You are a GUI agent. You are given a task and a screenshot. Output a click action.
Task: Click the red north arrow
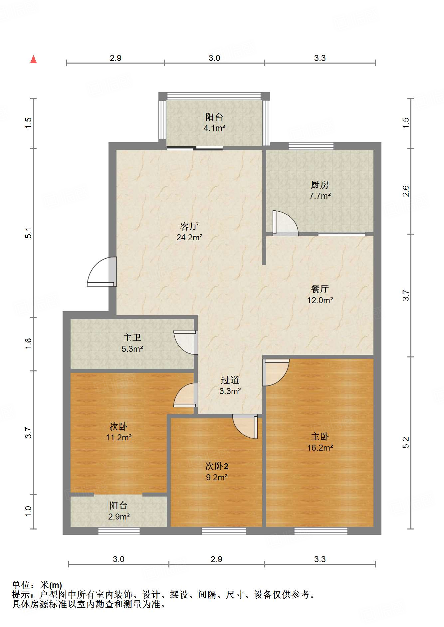[x=33, y=59]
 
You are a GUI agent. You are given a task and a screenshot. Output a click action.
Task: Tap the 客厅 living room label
[x=189, y=226]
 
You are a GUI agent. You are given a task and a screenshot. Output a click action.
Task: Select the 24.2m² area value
[x=189, y=237]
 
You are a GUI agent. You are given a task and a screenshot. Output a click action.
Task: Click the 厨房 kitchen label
[x=320, y=184]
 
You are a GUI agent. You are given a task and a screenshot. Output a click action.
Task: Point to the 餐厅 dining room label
[x=320, y=289]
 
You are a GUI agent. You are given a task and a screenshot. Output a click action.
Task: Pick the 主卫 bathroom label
[x=132, y=337]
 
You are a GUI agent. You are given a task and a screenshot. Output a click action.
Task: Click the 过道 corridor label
[x=230, y=380]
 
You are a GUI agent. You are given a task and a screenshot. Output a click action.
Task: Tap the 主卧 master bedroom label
[x=320, y=436]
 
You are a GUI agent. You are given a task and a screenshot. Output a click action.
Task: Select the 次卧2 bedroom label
[x=217, y=466]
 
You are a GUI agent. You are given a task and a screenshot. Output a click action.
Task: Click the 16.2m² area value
[x=320, y=448]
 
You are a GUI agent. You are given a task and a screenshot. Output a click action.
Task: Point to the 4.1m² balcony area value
[x=214, y=128]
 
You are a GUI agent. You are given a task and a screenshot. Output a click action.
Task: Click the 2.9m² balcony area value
[x=119, y=517]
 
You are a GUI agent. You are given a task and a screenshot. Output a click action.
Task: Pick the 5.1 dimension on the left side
[x=29, y=233]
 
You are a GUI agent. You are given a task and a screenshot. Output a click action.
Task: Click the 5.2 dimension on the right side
[x=406, y=443]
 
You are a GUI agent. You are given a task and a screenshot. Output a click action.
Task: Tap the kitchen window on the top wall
[x=311, y=146]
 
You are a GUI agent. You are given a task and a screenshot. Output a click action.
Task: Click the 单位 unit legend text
[x=21, y=585]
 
